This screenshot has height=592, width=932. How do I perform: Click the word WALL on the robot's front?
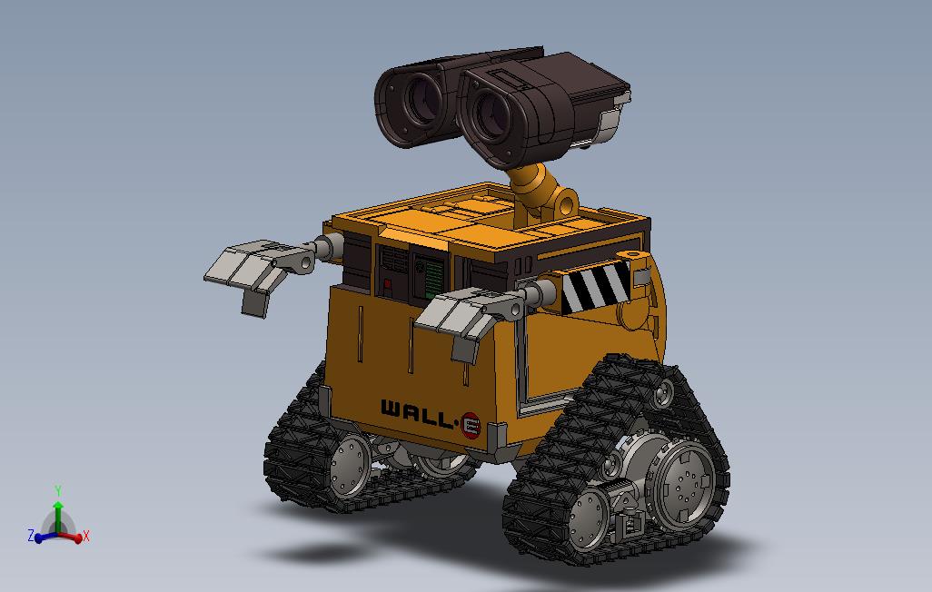(414, 413)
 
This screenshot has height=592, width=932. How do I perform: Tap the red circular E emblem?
(471, 424)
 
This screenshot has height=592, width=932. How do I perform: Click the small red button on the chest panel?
(387, 286)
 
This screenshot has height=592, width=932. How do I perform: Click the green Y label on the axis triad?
(58, 491)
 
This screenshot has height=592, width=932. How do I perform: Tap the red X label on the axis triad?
(85, 536)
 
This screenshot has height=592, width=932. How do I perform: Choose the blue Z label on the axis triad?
(30, 536)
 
